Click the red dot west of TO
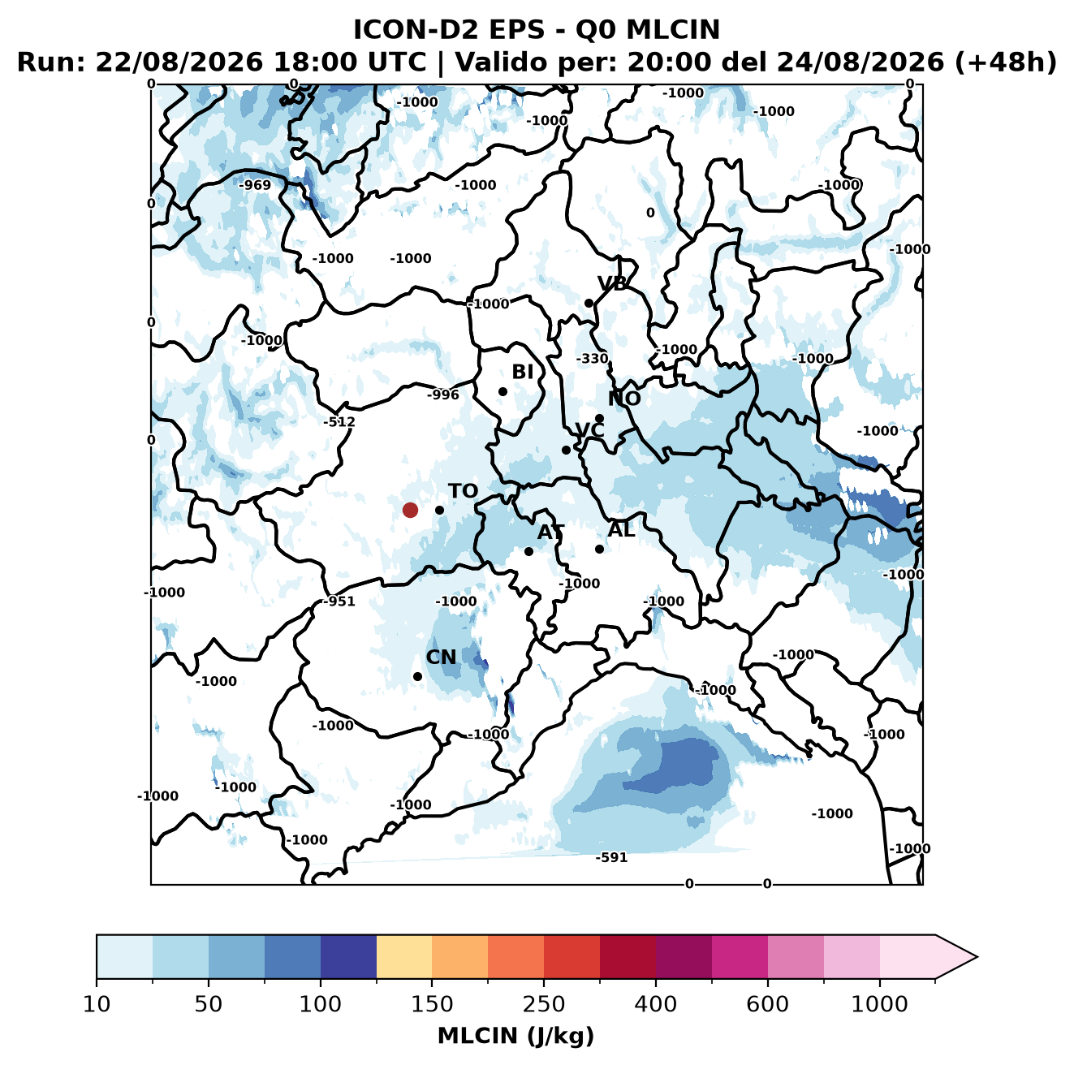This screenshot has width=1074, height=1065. point(410,510)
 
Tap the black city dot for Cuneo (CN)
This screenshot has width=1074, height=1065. point(417,676)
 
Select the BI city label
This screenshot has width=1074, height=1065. point(522,372)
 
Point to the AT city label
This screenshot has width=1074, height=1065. point(550,532)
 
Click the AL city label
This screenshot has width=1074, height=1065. point(621,529)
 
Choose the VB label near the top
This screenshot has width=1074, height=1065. point(612,283)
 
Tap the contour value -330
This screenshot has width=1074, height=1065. point(592,358)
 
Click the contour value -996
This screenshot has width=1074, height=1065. point(443,395)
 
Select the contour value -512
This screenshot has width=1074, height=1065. point(339,422)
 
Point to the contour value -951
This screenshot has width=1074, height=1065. point(339,601)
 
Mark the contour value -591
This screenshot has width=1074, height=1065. point(611,857)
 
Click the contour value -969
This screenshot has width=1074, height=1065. point(255,185)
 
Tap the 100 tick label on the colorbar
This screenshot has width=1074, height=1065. point(321,1003)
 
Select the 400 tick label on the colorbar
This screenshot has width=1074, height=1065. point(655,1003)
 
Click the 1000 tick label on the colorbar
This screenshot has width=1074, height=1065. point(879,1003)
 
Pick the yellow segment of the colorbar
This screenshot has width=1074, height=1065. point(404,957)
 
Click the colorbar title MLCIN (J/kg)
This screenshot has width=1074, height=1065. point(516,1036)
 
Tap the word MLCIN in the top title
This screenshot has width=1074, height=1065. point(673,29)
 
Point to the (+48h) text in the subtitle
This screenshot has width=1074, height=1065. point(1006,62)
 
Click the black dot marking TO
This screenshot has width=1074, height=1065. point(439,510)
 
